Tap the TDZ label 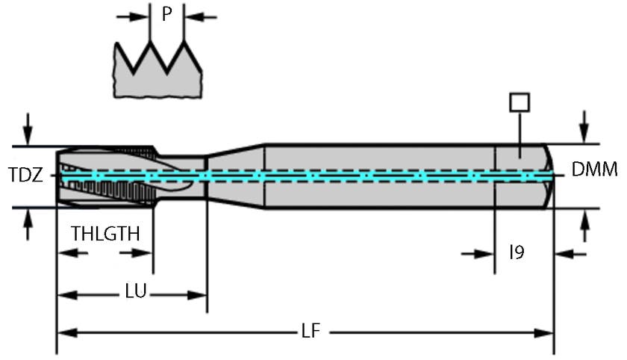(x=25, y=176)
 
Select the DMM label (x=594, y=170)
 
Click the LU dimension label (x=135, y=291)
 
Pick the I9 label (x=517, y=252)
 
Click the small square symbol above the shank (x=519, y=102)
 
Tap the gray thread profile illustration (x=158, y=72)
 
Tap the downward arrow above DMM (x=584, y=127)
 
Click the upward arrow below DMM (x=584, y=224)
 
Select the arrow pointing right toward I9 (x=485, y=255)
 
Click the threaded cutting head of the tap (x=104, y=176)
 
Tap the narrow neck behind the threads (x=183, y=176)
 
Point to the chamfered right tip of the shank (x=549, y=176)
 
